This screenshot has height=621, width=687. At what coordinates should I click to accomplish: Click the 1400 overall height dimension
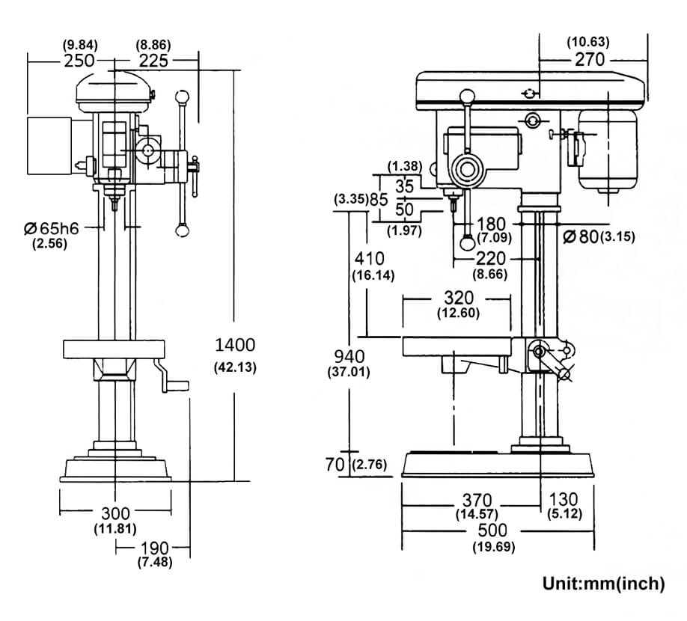[x=235, y=345]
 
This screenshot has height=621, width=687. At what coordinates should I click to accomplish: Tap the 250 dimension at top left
[x=79, y=61]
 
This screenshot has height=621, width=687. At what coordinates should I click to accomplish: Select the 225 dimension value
[x=153, y=61]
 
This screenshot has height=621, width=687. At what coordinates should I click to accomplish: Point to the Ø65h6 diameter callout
[x=51, y=228]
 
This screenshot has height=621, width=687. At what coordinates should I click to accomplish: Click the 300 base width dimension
[x=115, y=513]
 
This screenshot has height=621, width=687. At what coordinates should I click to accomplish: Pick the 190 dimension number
[x=154, y=548]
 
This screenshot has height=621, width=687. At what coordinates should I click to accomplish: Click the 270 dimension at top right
[x=590, y=59]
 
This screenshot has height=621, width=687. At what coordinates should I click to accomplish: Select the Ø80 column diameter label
[x=581, y=237]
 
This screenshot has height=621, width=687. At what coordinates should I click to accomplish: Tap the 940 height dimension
[x=349, y=356]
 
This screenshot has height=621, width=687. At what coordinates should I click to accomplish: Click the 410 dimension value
[x=370, y=258]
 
